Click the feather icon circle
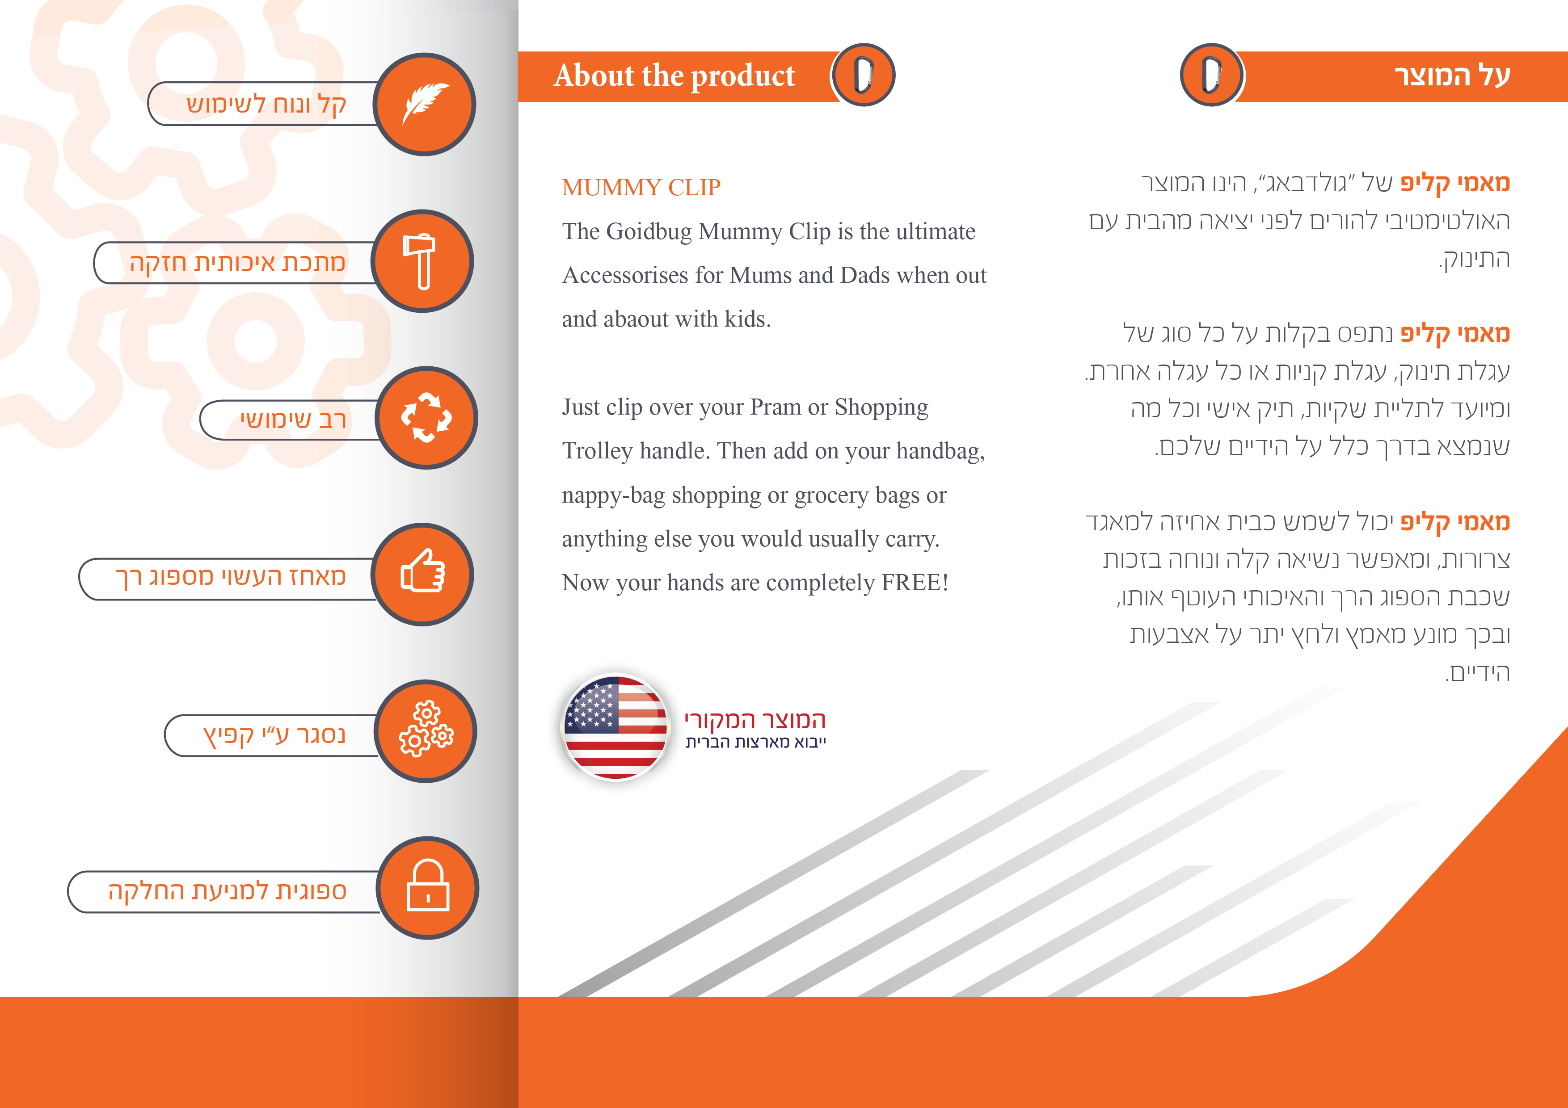(424, 105)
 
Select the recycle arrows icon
(426, 418)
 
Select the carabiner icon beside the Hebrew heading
(1211, 75)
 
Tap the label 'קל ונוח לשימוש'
(266, 105)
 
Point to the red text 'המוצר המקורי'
(755, 720)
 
